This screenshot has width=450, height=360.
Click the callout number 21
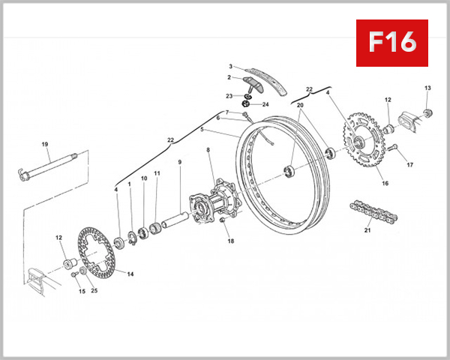coord(367,230)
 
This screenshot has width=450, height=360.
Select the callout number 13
coord(427,88)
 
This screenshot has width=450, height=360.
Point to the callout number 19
coord(44,144)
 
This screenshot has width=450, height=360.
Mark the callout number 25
coord(94,291)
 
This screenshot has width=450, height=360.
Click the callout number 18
coord(231,241)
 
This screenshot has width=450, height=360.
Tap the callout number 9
coord(180,162)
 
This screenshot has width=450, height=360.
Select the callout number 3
coord(231,66)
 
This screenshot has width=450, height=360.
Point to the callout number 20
coord(299,106)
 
